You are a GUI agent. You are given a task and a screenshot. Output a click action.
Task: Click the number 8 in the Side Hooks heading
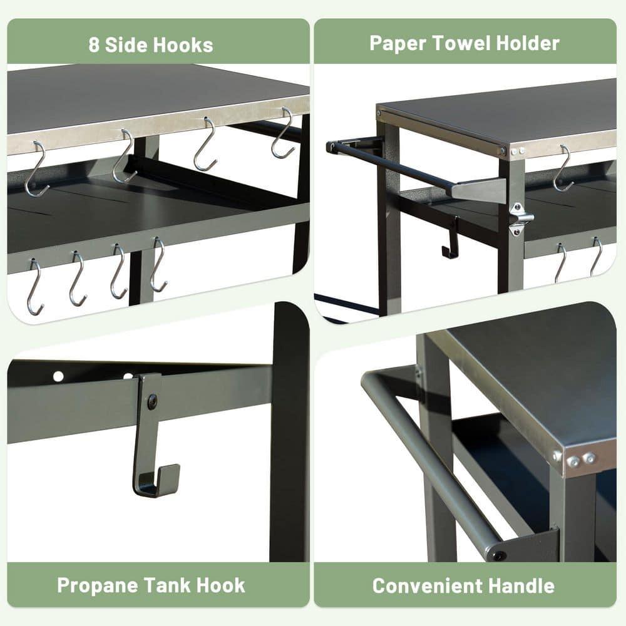[x=95, y=45]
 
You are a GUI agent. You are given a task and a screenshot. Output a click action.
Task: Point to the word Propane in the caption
[x=97, y=585]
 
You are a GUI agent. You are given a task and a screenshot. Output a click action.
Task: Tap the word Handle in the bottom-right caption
[x=518, y=586]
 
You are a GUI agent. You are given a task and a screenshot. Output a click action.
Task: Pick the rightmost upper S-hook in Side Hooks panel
[x=283, y=133]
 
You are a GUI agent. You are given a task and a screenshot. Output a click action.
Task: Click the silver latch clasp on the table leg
[x=520, y=218]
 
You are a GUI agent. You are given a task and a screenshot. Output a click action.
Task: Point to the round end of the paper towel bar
[x=331, y=147]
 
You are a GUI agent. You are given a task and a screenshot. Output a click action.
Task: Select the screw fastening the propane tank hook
[x=152, y=401]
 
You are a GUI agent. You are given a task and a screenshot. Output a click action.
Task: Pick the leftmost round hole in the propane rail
[x=58, y=376]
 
